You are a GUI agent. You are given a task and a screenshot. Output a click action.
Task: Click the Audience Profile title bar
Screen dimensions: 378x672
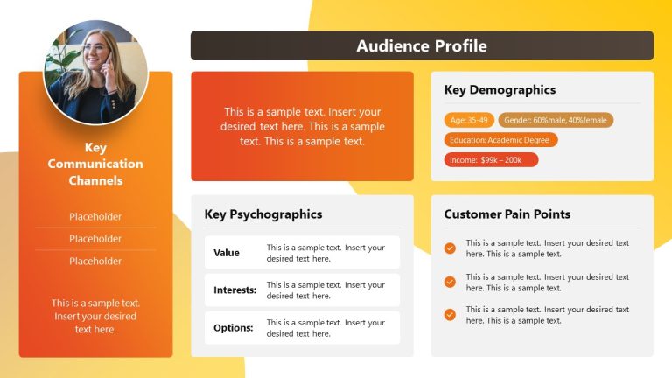[x=422, y=46]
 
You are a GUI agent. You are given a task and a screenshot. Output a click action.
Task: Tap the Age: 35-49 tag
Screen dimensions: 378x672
[x=469, y=120]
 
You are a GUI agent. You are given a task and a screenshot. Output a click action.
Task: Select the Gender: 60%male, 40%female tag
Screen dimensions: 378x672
[x=556, y=120]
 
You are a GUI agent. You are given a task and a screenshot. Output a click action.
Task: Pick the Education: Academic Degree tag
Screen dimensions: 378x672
[x=500, y=140]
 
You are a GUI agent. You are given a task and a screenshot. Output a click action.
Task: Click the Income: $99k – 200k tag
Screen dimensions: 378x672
[x=491, y=160]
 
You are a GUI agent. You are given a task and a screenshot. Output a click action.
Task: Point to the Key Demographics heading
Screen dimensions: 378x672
[x=500, y=90]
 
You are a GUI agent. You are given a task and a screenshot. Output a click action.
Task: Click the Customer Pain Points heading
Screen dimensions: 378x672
[x=507, y=214]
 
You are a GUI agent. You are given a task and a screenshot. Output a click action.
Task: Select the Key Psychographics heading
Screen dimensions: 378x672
[x=263, y=214]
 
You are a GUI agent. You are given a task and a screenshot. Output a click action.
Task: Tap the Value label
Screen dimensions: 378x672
[x=227, y=253]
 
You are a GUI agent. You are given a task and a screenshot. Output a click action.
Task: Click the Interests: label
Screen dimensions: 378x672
[x=234, y=290]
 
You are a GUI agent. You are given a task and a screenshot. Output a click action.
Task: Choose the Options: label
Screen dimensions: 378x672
[x=234, y=328]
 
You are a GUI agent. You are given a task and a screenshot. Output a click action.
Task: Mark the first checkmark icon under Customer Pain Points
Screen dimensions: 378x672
[x=450, y=248]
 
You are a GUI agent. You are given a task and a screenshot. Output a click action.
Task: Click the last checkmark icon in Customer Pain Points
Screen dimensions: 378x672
[x=450, y=315]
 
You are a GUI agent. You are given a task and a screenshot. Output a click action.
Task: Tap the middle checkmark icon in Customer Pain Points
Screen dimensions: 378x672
[x=450, y=282]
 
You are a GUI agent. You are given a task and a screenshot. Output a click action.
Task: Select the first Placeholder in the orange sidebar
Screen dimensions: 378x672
[x=95, y=217]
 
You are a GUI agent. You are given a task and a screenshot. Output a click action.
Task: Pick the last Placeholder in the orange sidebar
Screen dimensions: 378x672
[x=95, y=261]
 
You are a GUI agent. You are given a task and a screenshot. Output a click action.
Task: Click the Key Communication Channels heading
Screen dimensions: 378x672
[x=95, y=164]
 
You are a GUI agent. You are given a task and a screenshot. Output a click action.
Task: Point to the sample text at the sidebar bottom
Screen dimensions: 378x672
[x=95, y=316]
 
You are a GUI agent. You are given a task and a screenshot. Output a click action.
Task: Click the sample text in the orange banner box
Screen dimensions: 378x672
[x=302, y=126]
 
